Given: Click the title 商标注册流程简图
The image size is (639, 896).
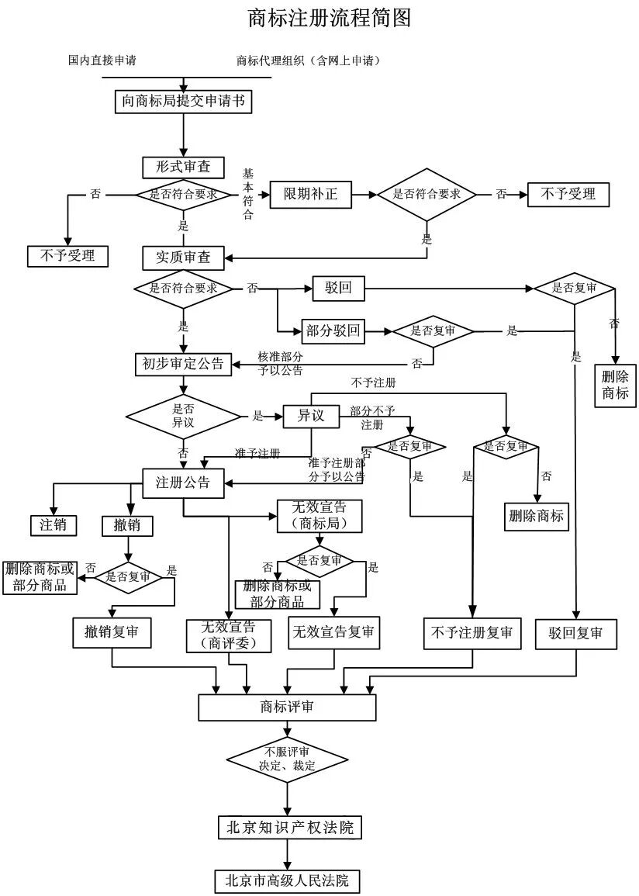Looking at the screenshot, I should tap(329, 18).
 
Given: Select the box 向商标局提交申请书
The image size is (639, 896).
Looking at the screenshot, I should tap(183, 101).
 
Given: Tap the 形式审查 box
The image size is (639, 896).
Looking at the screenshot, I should tap(183, 167).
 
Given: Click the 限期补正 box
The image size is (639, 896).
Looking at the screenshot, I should tap(310, 194).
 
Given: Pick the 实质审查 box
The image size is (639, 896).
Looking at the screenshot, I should tap(183, 257).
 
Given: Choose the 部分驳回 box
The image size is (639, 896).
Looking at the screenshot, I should tap(333, 331).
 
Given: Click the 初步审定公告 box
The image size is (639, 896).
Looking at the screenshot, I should tap(183, 363).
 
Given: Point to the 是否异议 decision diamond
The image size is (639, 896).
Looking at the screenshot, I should tap(183, 417).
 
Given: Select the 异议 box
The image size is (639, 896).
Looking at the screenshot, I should tap(310, 417).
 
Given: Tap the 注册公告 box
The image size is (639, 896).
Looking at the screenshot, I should tap(183, 483).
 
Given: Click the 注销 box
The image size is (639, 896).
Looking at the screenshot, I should tap(54, 525).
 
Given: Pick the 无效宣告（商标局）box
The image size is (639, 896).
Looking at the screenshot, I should tap(319, 516).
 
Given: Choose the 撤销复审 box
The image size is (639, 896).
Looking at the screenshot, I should tap(112, 633).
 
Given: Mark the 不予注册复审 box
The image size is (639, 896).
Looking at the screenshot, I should tap(471, 633).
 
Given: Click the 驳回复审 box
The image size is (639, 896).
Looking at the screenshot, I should tap(575, 633).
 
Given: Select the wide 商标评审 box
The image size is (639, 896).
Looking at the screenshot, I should tap(287, 707).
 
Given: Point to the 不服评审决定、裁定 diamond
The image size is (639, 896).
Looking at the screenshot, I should tap(287, 759).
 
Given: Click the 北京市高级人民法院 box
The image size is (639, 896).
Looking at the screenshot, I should tap(287, 880).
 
